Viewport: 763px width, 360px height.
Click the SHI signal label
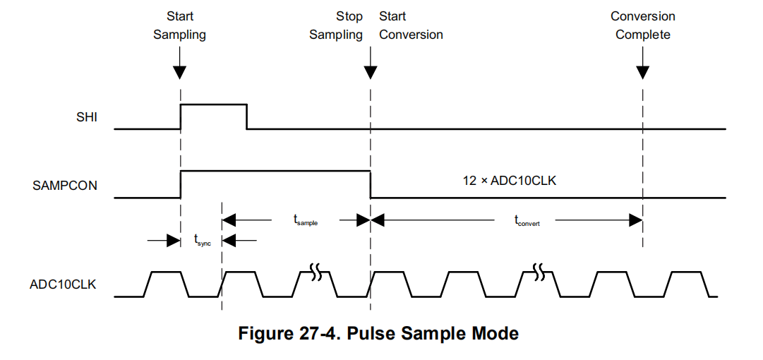coord(86,118)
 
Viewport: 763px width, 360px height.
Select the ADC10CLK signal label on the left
coord(63,284)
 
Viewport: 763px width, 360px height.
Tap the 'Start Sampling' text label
coord(180,25)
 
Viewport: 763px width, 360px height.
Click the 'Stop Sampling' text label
coord(336,25)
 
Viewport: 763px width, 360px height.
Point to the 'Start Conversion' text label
coord(411,25)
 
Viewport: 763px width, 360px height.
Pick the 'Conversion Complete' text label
coord(642,25)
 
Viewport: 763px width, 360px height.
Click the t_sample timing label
coord(306,220)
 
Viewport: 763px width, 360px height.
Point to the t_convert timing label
coord(527,221)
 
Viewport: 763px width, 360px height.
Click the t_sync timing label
coord(202,241)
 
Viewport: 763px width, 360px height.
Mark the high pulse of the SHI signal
coord(214,105)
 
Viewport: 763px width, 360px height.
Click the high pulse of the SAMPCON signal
coord(275,172)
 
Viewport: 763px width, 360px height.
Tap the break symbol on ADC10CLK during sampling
coord(316,270)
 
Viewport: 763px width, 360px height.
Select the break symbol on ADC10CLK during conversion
coord(540,270)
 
